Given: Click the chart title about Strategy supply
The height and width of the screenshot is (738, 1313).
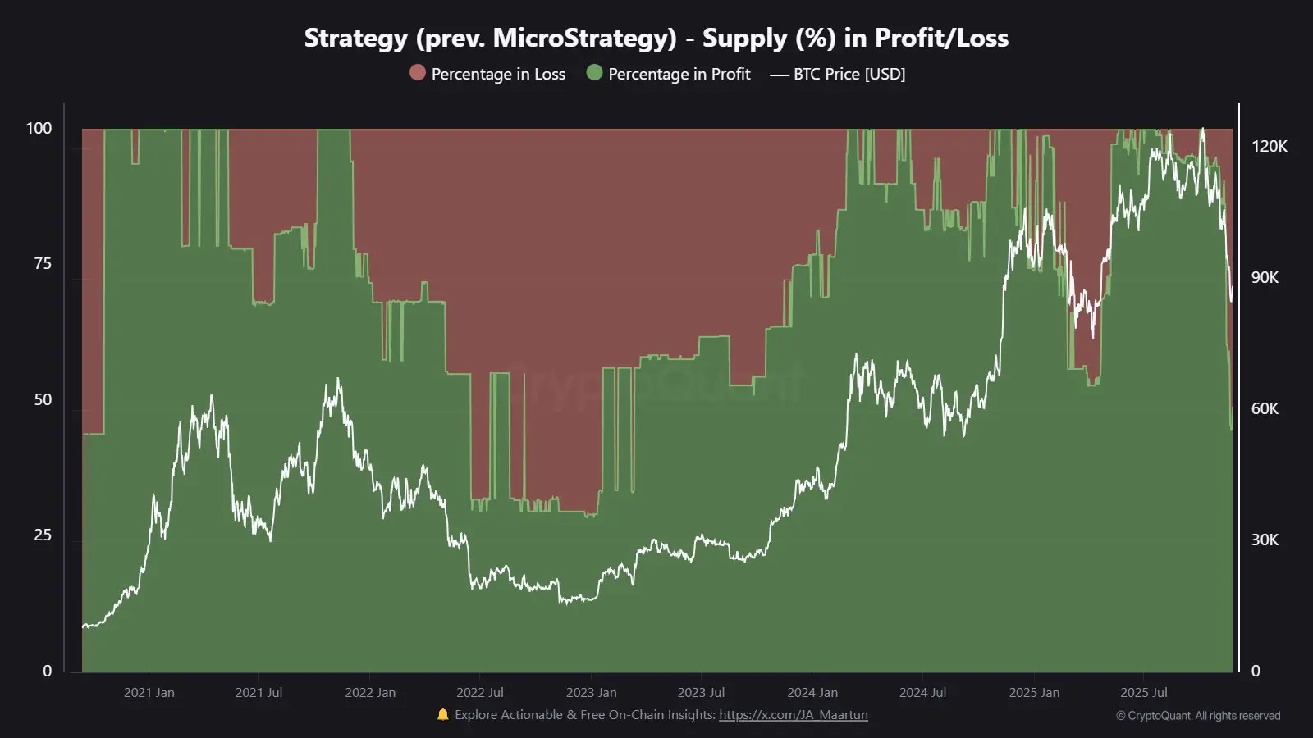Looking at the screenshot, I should click(656, 38).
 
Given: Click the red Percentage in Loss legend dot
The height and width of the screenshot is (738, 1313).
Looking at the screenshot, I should click(418, 73).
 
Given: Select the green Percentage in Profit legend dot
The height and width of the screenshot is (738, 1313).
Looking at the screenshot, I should click(594, 73).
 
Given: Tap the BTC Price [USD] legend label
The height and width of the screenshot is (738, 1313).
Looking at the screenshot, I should click(849, 74).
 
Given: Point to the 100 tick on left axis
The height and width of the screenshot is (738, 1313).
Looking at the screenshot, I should click(39, 128).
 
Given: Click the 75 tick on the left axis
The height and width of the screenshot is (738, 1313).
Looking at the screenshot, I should click(43, 263).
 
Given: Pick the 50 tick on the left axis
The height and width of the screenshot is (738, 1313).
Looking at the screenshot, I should click(43, 399).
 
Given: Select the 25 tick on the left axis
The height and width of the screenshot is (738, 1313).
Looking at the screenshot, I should click(43, 535).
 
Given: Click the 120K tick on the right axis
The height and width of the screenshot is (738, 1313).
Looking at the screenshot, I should click(1269, 146).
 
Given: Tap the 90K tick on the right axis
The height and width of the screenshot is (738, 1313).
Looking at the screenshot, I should click(1265, 277).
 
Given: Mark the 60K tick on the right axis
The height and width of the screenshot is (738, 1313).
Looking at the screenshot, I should click(1265, 408).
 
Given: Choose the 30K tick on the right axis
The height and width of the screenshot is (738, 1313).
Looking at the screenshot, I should click(1265, 540).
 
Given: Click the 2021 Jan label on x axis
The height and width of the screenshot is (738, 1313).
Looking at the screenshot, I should click(149, 693).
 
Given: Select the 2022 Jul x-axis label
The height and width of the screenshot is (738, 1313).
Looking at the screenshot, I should click(480, 693).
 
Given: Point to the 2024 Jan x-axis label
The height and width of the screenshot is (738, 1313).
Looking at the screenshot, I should click(812, 693).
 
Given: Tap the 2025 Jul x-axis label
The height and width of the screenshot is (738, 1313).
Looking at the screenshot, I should click(1144, 693).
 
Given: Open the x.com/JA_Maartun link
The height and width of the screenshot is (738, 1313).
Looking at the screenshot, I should click(793, 715).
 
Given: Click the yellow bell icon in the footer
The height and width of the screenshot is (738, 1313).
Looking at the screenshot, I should click(443, 714).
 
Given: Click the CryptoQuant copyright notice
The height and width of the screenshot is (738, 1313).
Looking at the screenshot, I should click(1198, 716).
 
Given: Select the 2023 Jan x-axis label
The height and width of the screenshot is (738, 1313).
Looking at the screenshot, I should click(591, 693).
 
